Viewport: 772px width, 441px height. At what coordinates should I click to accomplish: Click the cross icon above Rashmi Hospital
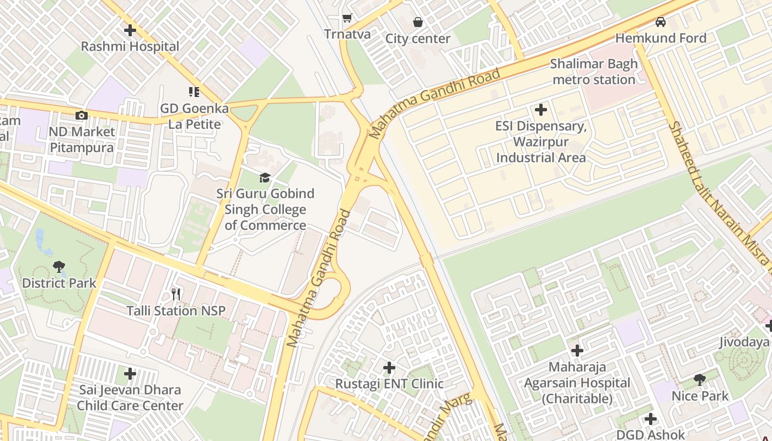(130, 30)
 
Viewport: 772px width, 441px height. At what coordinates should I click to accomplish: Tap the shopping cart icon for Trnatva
(347, 18)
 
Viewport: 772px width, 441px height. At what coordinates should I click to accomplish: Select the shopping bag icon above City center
(418, 22)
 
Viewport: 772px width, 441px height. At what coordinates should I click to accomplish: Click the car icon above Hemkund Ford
(660, 22)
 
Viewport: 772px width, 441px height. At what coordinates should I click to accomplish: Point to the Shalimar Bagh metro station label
(594, 72)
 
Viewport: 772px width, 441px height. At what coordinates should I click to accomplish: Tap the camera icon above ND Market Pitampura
(81, 115)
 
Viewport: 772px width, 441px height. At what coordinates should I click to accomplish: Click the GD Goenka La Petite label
(194, 116)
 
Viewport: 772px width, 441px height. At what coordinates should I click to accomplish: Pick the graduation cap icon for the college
(265, 178)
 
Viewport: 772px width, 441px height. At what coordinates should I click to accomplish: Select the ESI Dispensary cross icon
(541, 110)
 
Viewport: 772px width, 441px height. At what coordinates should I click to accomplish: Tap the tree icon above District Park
(59, 267)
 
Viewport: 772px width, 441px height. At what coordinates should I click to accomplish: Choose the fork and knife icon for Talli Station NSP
(176, 294)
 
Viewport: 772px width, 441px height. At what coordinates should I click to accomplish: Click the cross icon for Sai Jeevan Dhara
(130, 374)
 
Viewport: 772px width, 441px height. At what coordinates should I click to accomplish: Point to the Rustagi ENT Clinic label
(389, 384)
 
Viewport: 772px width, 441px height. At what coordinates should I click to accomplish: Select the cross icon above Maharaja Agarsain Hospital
(577, 351)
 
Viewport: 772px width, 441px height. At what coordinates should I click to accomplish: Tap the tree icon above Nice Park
(700, 380)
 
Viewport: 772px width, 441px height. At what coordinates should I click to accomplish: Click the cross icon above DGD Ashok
(651, 419)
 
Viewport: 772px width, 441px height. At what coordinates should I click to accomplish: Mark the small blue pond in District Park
(40, 239)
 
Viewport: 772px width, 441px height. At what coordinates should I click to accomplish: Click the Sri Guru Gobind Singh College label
(265, 209)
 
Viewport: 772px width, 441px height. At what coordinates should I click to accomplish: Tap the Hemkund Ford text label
(661, 38)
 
